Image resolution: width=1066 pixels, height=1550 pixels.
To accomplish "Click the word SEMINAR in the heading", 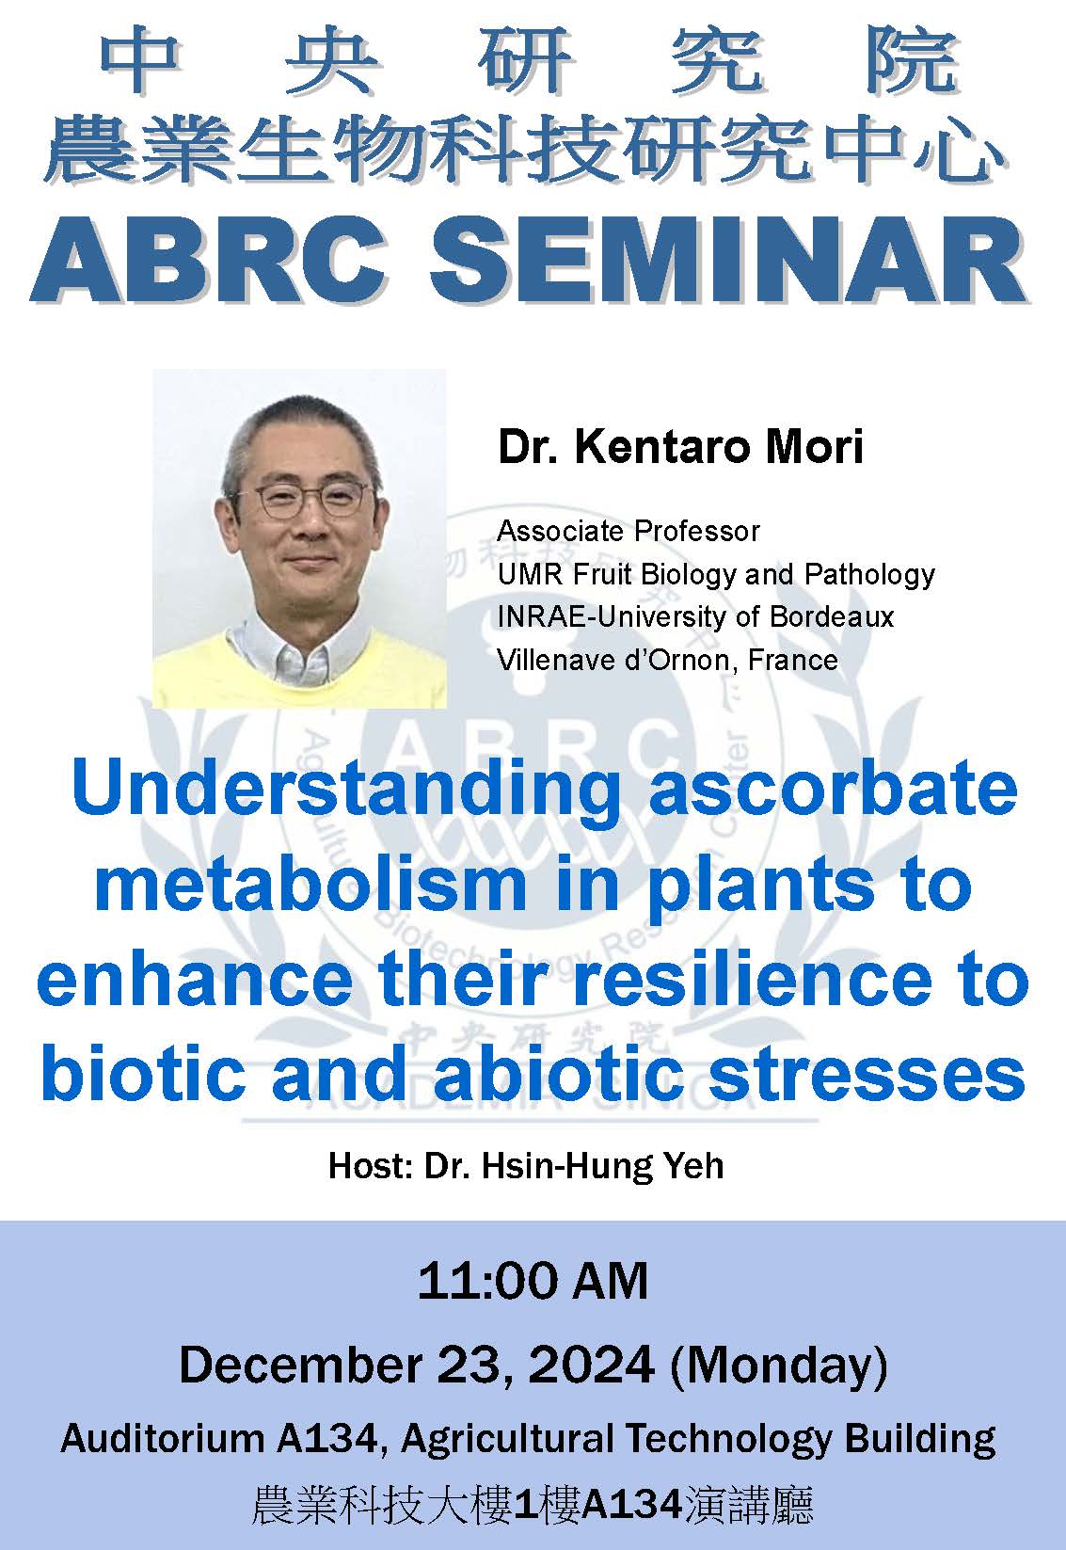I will (726, 260).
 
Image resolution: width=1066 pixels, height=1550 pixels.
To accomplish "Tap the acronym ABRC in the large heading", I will (209, 260).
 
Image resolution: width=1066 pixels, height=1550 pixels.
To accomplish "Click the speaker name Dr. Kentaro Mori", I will (679, 446).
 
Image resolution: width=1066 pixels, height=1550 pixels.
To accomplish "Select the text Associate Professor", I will (628, 531).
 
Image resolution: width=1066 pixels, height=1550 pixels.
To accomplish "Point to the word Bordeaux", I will (832, 616).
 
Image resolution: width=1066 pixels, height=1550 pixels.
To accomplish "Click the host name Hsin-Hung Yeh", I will (602, 1165).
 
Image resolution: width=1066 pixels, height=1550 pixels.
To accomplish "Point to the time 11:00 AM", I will (533, 1281).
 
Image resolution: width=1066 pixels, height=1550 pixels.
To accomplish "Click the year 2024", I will (587, 1364).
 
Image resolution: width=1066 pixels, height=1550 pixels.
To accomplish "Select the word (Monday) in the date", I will (778, 1365).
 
